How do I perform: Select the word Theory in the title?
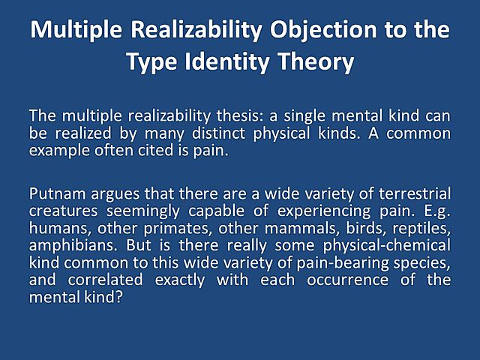tap(317, 62)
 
